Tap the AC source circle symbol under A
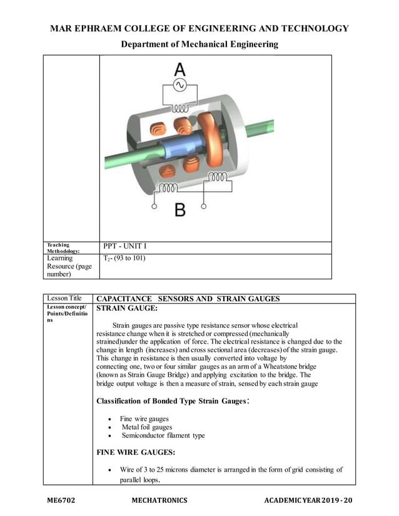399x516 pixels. [x=179, y=85]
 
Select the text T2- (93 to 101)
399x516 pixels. [x=124, y=258]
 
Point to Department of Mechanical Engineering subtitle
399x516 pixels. [x=199, y=44]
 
